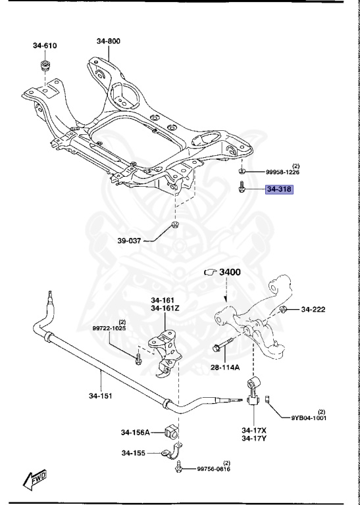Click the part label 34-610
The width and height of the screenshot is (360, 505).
45,45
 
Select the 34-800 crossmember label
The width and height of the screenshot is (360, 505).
109,41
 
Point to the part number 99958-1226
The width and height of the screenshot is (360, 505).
282,172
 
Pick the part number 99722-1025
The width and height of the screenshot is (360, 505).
109,327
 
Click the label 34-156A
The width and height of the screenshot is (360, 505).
136,432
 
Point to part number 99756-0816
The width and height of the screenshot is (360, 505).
214,469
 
